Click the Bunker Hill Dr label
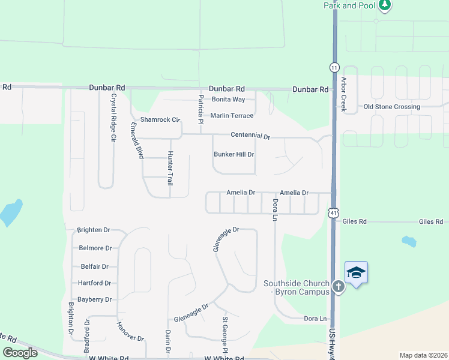click(234, 154)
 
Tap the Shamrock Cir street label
click(160, 119)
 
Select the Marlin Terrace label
click(232, 116)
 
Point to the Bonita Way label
click(228, 99)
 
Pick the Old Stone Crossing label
click(392, 107)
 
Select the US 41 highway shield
click(334, 212)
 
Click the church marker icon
click(339, 287)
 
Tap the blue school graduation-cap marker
click(356, 273)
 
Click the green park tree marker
click(384, 6)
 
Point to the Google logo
click(20, 353)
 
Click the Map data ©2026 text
click(423, 355)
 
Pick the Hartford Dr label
click(95, 283)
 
